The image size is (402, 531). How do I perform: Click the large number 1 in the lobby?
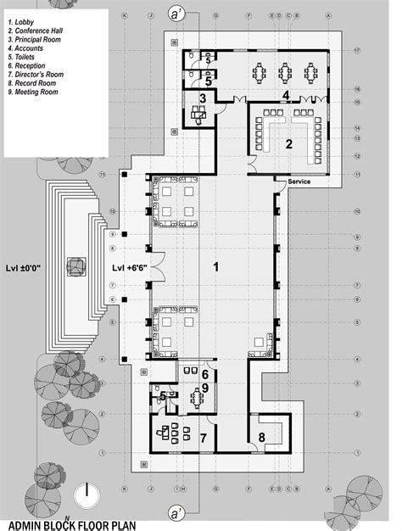[216, 267]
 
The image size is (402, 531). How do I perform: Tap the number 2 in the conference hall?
[289, 144]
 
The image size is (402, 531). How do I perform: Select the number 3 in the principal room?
[203, 99]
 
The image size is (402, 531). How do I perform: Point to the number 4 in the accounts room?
[287, 94]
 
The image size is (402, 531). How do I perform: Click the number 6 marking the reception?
[204, 373]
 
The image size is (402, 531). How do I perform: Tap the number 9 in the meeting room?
[204, 388]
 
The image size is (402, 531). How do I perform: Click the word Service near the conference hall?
[300, 182]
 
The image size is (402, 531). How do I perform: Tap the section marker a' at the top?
[176, 14]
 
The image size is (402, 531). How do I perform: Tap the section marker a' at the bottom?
[176, 513]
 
